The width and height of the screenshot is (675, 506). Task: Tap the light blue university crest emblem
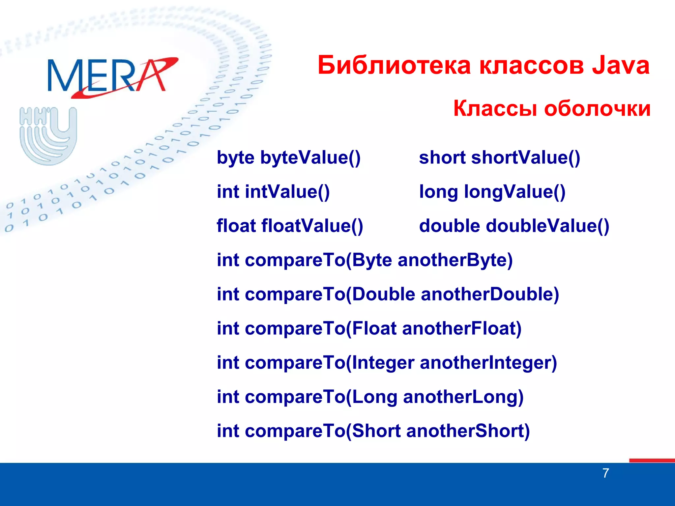[x=48, y=135]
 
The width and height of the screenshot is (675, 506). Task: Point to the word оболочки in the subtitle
[x=597, y=108]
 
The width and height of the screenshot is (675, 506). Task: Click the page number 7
[x=605, y=473]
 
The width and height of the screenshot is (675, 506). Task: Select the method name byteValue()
[x=310, y=157]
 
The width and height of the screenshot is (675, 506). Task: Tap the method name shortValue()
[x=525, y=157]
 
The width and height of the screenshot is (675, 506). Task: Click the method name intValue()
[x=287, y=192]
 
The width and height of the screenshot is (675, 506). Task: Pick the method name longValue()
[x=514, y=192]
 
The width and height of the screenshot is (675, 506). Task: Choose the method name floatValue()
[x=312, y=226]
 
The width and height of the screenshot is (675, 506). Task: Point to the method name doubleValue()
[x=547, y=226]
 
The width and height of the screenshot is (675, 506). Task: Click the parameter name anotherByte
[x=455, y=260]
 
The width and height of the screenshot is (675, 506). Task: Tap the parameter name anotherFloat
[x=461, y=329]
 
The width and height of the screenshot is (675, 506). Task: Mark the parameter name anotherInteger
[x=488, y=363]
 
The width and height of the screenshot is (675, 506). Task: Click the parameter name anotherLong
[x=463, y=397]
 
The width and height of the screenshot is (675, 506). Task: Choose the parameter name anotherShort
[x=467, y=431]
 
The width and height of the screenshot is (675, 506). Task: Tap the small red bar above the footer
[x=652, y=460]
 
